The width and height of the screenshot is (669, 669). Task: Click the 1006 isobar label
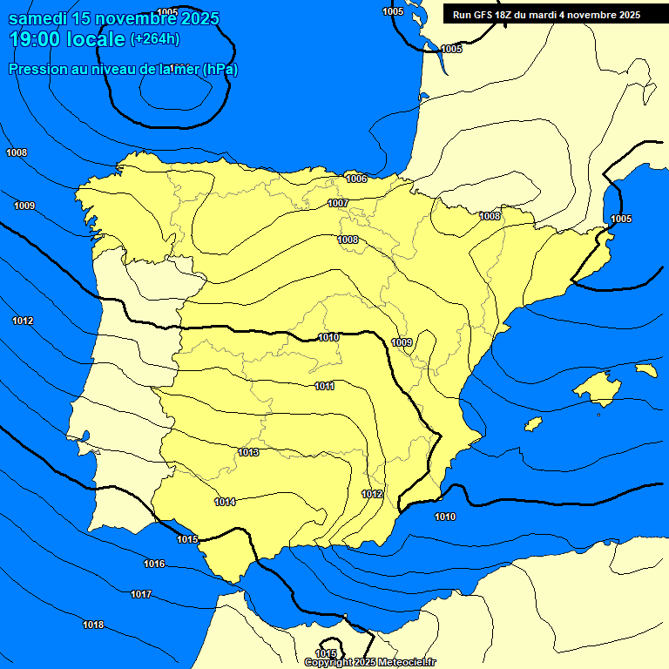click(356, 179)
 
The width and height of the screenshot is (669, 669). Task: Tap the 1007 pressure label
click(338, 203)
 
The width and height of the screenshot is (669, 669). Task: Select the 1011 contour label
click(325, 386)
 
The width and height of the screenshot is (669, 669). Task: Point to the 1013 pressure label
click(248, 452)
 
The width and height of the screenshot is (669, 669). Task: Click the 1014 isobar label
click(225, 502)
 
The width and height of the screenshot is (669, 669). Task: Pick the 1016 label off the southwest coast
click(154, 564)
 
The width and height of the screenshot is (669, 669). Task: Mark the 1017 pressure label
click(141, 594)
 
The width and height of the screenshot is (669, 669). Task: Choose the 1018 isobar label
click(93, 625)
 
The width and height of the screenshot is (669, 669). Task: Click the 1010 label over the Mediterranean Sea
click(444, 517)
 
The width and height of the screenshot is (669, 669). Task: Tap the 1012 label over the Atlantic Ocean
click(23, 321)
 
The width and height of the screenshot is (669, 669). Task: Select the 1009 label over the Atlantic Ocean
click(24, 206)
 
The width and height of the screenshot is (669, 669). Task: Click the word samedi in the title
click(33, 18)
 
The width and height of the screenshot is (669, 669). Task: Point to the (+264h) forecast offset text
click(155, 38)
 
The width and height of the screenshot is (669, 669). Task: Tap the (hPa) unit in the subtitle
click(219, 69)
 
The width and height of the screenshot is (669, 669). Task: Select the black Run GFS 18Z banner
click(546, 15)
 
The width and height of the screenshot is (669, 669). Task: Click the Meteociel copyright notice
click(370, 662)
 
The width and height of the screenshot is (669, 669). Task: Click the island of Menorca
click(645, 370)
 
